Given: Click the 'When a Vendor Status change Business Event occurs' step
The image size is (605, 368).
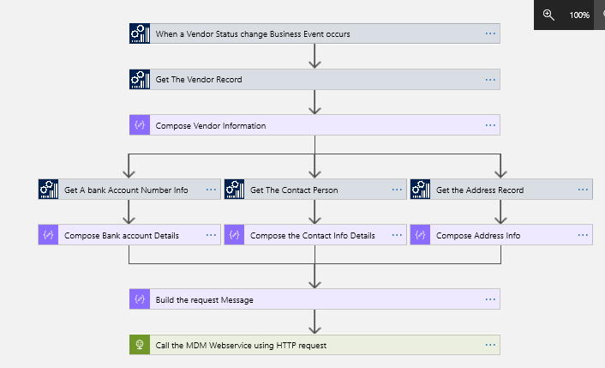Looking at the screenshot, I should pyautogui.click(x=253, y=34).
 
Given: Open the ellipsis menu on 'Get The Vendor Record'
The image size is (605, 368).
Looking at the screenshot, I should pyautogui.click(x=490, y=80).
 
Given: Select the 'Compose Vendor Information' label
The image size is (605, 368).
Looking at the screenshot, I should pyautogui.click(x=211, y=125).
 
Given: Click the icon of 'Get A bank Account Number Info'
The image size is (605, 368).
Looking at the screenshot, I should pyautogui.click(x=48, y=190).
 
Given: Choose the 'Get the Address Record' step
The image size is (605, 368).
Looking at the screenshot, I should pyautogui.click(x=480, y=190).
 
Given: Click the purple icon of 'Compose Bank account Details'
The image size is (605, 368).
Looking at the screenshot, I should pyautogui.click(x=48, y=235).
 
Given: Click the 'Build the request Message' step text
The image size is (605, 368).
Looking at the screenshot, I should pyautogui.click(x=204, y=300).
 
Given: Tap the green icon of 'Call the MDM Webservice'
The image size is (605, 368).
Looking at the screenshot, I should pyautogui.click(x=139, y=346).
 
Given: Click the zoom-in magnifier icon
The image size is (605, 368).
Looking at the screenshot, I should pyautogui.click(x=548, y=15).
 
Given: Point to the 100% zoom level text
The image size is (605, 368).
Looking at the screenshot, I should pyautogui.click(x=579, y=15).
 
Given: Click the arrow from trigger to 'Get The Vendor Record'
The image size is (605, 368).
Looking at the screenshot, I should pyautogui.click(x=315, y=56).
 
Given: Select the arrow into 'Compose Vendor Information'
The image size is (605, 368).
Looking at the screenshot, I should pyautogui.click(x=315, y=102).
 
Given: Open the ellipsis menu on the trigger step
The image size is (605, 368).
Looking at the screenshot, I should pyautogui.click(x=490, y=34).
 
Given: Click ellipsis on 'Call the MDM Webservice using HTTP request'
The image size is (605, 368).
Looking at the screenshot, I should pyautogui.click(x=490, y=346).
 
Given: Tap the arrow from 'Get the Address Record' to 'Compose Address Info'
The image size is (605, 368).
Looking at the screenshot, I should pyautogui.click(x=500, y=212).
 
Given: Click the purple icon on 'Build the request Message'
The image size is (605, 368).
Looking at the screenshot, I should pyautogui.click(x=139, y=300).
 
